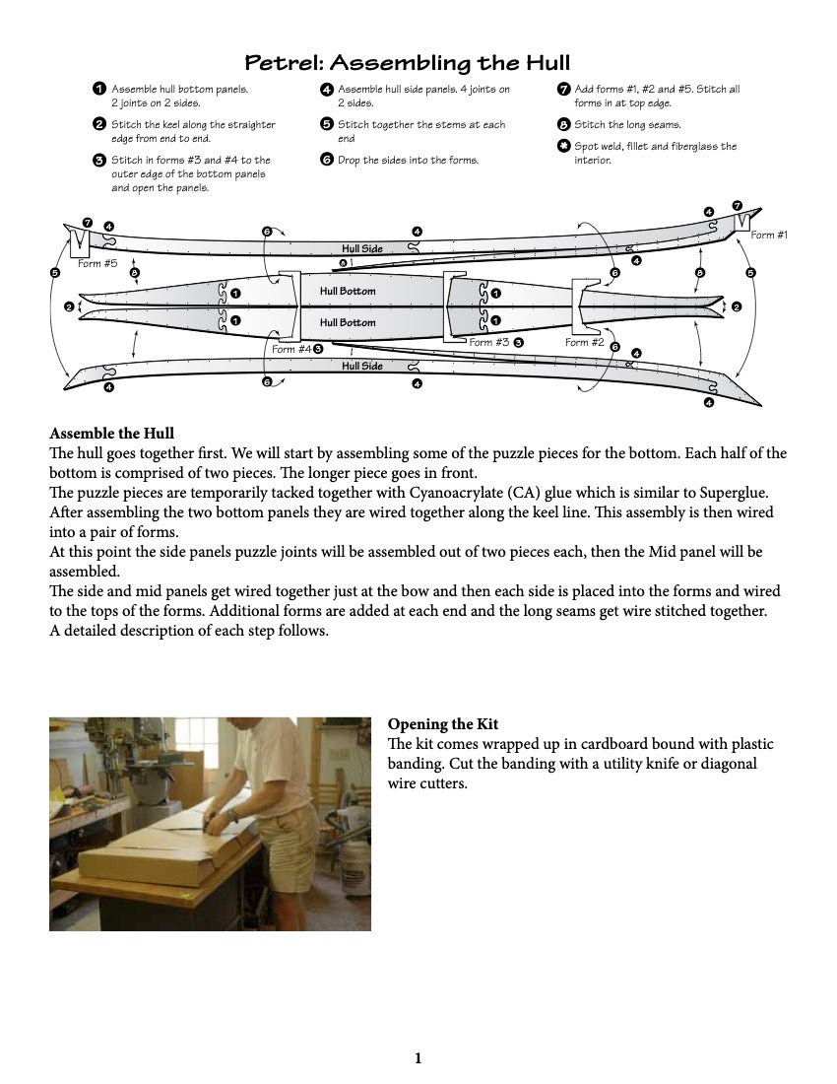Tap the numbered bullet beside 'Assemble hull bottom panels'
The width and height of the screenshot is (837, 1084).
(99, 90)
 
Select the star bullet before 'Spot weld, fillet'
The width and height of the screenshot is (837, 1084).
(563, 146)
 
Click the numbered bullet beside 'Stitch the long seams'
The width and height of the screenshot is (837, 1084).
(563, 125)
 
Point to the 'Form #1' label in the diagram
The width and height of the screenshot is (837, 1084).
(769, 235)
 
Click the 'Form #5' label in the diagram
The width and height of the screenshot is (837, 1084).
(97, 263)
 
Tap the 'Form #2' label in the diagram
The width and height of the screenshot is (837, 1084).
(584, 342)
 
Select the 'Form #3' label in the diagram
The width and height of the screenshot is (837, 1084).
(489, 342)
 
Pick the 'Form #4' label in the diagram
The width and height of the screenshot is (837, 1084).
(291, 349)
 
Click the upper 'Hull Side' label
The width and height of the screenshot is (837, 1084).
(362, 248)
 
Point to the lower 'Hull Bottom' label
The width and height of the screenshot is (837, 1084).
(348, 322)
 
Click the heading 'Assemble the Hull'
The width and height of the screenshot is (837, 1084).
(111, 434)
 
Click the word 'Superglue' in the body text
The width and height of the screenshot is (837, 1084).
(738, 493)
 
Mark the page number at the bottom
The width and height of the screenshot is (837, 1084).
(418, 1058)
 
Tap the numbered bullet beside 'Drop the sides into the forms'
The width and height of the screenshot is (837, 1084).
(327, 161)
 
